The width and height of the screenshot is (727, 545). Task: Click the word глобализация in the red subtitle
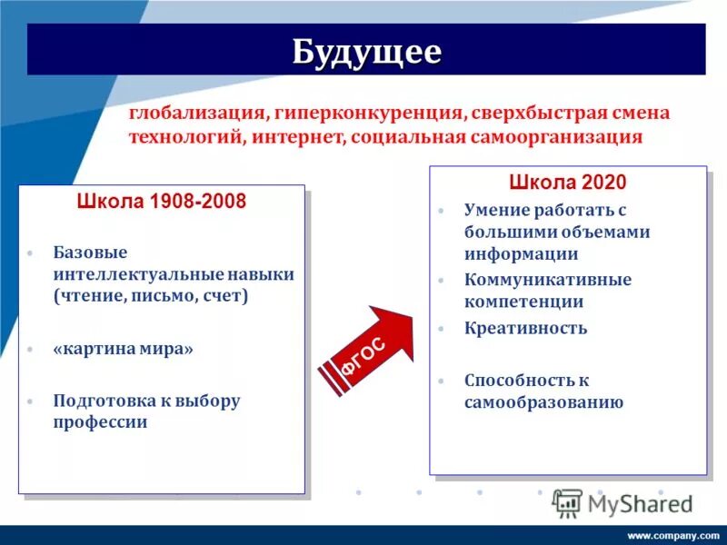(x=195, y=114)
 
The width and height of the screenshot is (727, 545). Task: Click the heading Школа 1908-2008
(x=161, y=202)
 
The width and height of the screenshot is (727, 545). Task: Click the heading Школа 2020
(x=567, y=183)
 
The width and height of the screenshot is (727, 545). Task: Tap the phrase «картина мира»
(x=123, y=349)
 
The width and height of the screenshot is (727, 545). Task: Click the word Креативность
(x=525, y=328)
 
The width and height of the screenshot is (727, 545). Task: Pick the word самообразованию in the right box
(x=543, y=402)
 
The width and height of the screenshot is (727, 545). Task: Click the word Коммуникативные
(x=547, y=280)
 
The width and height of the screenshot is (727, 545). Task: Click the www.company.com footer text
(x=673, y=535)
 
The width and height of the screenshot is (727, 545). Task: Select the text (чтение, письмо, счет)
(x=151, y=296)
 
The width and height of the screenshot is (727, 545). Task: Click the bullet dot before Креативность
(x=441, y=329)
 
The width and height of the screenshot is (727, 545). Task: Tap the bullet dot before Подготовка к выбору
(x=30, y=401)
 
